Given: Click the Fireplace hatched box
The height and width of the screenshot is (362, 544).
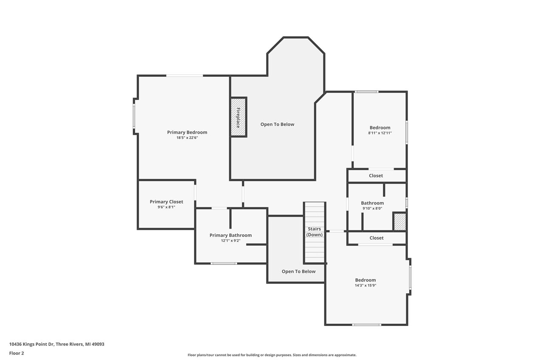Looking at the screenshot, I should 238,117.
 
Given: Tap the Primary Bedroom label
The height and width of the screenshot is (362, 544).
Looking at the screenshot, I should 187,132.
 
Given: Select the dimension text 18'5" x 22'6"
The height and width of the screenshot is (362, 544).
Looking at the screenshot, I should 187,138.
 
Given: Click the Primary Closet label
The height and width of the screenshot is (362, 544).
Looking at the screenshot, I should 166,202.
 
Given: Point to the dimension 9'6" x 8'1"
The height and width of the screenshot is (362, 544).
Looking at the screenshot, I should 166,207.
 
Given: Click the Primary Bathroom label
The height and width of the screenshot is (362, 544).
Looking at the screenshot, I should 230,236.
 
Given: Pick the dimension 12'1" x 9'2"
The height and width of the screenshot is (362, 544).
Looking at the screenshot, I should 230,241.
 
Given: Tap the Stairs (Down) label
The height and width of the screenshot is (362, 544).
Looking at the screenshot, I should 314,232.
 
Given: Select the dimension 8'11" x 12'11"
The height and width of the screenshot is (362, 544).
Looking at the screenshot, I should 380,133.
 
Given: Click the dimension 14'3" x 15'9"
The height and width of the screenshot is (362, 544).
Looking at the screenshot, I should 365,286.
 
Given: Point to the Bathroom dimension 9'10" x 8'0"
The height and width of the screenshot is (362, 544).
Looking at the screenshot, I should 372,208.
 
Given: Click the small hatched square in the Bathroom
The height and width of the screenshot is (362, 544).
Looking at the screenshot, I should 399,222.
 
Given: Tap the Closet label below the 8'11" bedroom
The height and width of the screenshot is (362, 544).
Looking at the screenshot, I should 376,176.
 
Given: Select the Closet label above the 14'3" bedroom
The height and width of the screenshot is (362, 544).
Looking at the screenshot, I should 376,238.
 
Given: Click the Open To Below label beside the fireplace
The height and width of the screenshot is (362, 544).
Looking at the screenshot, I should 277,124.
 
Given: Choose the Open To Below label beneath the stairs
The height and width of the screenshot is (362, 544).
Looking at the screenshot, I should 298,272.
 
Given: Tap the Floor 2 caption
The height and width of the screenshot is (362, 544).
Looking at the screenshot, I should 17,353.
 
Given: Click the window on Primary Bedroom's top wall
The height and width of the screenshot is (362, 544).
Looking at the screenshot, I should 184,76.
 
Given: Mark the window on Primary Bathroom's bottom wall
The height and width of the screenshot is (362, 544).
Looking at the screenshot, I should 224,264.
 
